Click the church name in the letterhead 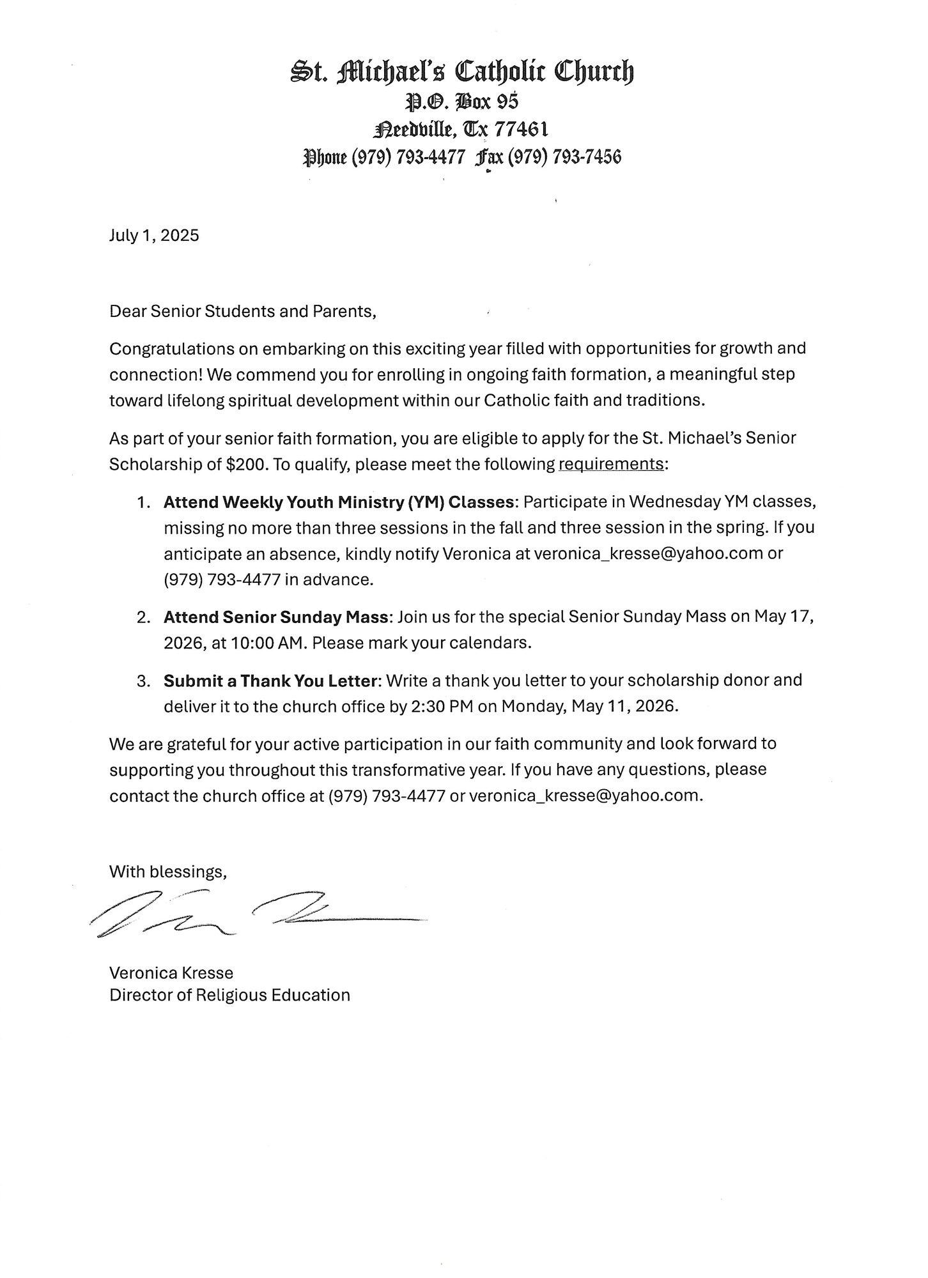tap(462, 72)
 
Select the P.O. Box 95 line tap(462, 102)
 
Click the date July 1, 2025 tap(154, 236)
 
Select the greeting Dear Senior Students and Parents tap(243, 312)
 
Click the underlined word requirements tap(611, 465)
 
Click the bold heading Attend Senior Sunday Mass tap(276, 617)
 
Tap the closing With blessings tap(168, 872)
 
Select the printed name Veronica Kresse tap(171, 973)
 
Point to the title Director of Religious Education tap(229, 996)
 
